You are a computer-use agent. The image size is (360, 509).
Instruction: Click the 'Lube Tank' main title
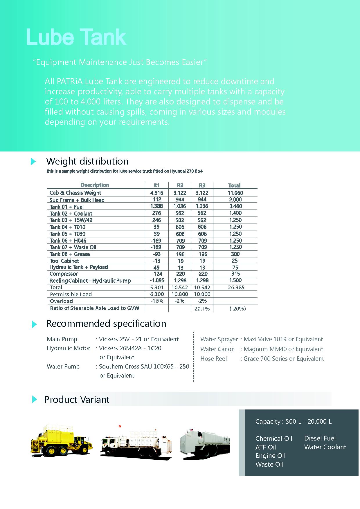(x=76, y=37)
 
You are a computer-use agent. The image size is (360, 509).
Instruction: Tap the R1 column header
(x=156, y=185)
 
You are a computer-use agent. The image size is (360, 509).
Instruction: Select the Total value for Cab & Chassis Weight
(x=235, y=193)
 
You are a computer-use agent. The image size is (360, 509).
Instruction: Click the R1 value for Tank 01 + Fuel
(x=156, y=206)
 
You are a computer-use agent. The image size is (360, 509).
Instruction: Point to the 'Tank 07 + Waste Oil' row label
(x=73, y=247)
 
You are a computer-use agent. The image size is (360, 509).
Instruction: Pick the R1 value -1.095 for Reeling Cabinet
(x=157, y=281)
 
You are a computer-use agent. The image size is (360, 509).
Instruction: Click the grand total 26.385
(x=236, y=288)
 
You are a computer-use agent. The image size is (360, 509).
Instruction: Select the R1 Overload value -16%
(x=157, y=301)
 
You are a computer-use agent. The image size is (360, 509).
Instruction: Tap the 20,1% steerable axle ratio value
(x=202, y=309)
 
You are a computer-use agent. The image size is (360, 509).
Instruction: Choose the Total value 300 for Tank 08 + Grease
(x=235, y=254)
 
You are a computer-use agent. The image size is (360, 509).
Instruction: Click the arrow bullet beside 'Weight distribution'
(x=33, y=162)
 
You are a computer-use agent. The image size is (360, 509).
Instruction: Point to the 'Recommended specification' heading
(x=106, y=324)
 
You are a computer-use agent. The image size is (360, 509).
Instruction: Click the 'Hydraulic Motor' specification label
(x=68, y=348)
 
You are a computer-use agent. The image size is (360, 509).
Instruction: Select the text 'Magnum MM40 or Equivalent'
(x=283, y=349)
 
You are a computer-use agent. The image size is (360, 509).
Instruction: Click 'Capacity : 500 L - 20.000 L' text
(x=293, y=422)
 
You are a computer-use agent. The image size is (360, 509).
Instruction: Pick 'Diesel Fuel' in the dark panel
(x=320, y=438)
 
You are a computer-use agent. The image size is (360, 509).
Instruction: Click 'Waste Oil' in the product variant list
(x=269, y=465)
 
